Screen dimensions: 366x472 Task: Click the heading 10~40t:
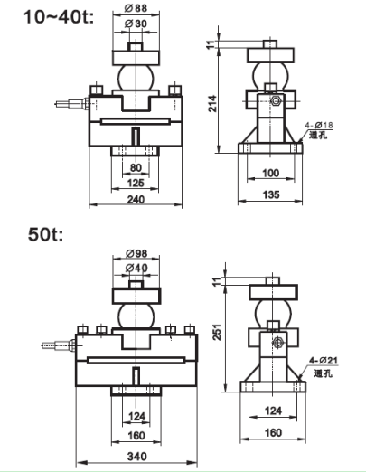point(59,17)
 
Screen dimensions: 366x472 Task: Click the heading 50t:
point(46,234)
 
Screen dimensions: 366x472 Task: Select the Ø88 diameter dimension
point(136,8)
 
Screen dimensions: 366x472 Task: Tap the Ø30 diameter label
point(136,24)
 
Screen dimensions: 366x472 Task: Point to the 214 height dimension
point(212,103)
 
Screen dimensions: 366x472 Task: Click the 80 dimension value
point(136,168)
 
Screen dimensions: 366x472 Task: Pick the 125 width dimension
point(136,183)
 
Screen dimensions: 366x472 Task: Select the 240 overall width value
point(136,199)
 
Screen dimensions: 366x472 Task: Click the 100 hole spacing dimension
point(271,173)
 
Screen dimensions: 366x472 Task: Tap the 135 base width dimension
point(271,194)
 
